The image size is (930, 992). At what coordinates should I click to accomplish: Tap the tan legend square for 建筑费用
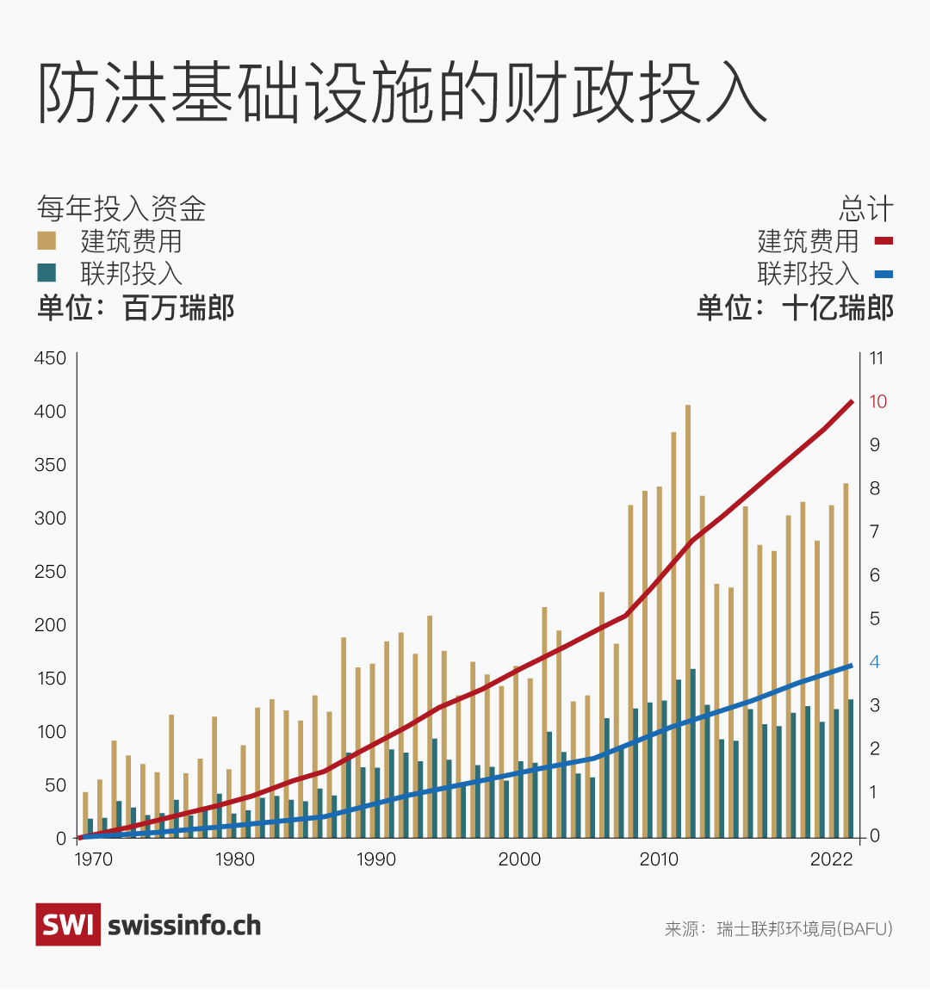click(46, 240)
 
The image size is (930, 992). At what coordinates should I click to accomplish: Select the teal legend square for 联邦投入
click(46, 273)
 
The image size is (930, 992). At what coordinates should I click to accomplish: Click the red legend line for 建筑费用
click(883, 242)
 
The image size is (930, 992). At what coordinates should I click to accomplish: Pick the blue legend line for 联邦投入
click(883, 275)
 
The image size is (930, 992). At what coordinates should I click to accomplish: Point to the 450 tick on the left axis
click(50, 358)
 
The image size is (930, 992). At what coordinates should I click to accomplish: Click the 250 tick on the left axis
click(50, 572)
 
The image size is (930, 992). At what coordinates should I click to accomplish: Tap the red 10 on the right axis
click(877, 402)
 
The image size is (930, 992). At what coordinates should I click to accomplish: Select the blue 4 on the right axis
click(875, 662)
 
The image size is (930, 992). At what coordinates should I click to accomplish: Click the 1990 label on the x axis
click(376, 859)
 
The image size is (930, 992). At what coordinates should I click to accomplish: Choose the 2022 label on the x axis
click(831, 859)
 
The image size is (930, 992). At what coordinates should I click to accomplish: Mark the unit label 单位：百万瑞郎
click(135, 307)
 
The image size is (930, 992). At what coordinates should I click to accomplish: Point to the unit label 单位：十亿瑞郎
click(795, 307)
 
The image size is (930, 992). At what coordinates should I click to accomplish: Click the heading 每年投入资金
click(121, 208)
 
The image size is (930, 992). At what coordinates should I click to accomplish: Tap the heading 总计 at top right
click(866, 208)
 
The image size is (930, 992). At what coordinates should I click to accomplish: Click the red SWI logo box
click(67, 925)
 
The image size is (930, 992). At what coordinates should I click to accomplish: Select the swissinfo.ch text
click(184, 926)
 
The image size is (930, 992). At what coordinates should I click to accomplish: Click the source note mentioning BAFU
click(778, 929)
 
